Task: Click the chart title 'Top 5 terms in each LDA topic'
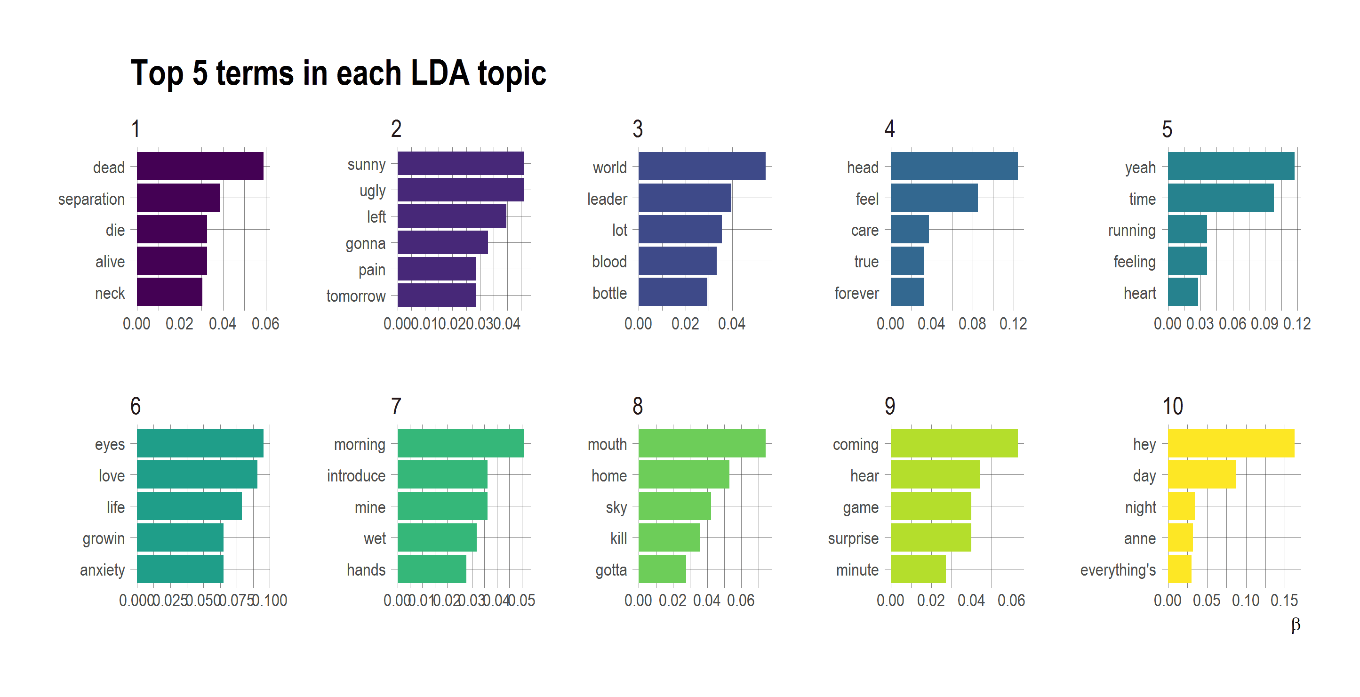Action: pyautogui.click(x=338, y=73)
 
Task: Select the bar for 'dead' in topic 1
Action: pyautogui.click(x=200, y=166)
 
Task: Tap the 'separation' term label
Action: pyautogui.click(x=91, y=199)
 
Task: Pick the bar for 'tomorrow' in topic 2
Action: pyautogui.click(x=436, y=295)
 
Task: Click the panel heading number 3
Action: pyautogui.click(x=637, y=129)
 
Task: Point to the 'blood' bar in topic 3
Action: pyautogui.click(x=677, y=261)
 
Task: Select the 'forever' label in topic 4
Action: pyautogui.click(x=856, y=293)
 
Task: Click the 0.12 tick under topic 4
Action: pyautogui.click(x=1013, y=324)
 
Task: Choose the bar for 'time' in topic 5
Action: pyautogui.click(x=1220, y=198)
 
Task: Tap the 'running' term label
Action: pyautogui.click(x=1131, y=230)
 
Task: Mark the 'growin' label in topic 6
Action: pyautogui.click(x=104, y=538)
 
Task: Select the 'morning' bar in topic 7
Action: pyautogui.click(x=460, y=443)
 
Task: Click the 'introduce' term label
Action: pyautogui.click(x=356, y=476)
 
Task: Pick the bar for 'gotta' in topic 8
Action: pyautogui.click(x=662, y=569)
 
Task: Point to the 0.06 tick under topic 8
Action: pyautogui.click(x=741, y=601)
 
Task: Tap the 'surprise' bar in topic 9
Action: pyautogui.click(x=930, y=537)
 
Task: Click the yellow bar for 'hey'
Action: pyautogui.click(x=1230, y=443)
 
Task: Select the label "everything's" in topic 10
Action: pyautogui.click(x=1118, y=570)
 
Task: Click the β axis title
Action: pyautogui.click(x=1295, y=625)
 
